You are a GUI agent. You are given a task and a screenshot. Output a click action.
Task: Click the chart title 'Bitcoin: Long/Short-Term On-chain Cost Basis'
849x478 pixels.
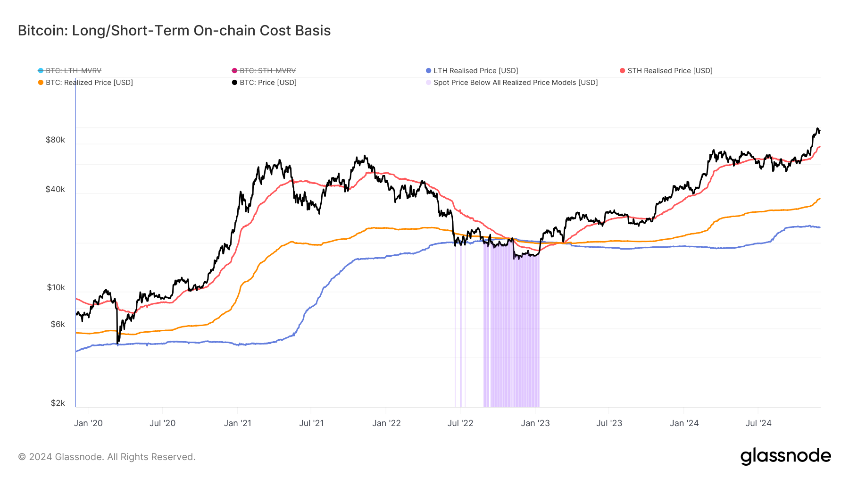coord(174,31)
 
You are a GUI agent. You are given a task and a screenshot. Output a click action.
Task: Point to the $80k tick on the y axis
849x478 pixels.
coord(55,140)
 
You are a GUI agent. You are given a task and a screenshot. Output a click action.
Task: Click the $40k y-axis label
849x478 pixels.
coord(55,189)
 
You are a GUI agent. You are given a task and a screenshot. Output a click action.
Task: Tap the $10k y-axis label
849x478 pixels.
coord(56,287)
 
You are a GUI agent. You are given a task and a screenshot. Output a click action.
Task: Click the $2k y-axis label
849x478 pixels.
coord(58,403)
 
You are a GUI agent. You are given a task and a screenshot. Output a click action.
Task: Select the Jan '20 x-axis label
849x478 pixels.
coord(88,423)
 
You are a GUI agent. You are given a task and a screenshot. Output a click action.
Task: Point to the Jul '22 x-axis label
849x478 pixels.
coord(460,423)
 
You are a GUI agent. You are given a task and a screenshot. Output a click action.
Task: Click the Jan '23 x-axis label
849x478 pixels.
coord(535,423)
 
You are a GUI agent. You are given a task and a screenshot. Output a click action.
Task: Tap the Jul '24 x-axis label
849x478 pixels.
coord(758,423)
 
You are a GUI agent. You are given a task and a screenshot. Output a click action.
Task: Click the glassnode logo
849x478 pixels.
coord(785,456)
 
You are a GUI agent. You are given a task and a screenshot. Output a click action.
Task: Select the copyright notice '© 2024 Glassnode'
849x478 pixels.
coord(107,457)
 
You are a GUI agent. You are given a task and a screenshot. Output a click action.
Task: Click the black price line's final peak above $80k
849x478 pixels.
coord(817,129)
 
